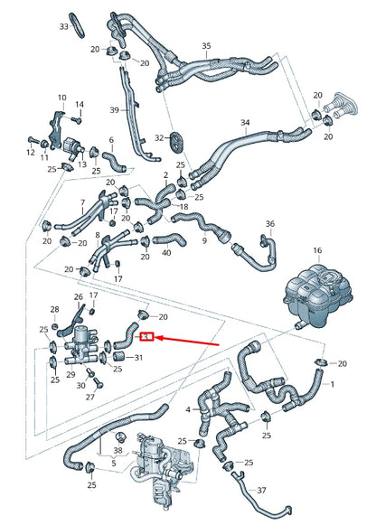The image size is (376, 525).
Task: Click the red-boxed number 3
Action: click(x=150, y=337)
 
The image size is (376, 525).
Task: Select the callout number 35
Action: click(x=206, y=46)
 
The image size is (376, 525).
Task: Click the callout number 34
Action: click(x=244, y=123)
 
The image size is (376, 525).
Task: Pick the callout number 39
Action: click(x=115, y=109)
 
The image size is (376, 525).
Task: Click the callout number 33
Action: click(x=63, y=27)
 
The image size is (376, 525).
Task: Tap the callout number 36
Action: click(x=269, y=224)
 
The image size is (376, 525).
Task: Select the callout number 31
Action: click(x=138, y=358)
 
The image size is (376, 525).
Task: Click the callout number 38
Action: click(x=118, y=450)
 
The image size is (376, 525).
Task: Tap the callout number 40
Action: click(x=165, y=253)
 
